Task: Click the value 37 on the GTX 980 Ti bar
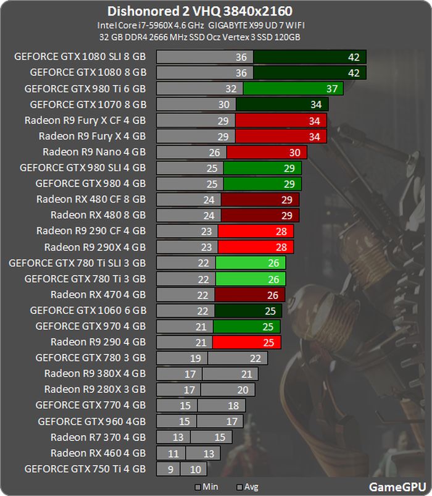tap(331, 89)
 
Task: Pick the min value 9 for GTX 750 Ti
tap(170, 469)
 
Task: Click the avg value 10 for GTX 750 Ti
tap(196, 469)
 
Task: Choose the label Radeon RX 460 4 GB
tap(98, 453)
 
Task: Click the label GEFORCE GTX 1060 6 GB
tap(88, 310)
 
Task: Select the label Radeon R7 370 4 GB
tap(98, 437)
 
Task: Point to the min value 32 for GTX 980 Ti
tap(231, 89)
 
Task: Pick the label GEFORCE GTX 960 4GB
tap(92, 422)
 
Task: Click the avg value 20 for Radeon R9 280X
tap(243, 390)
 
